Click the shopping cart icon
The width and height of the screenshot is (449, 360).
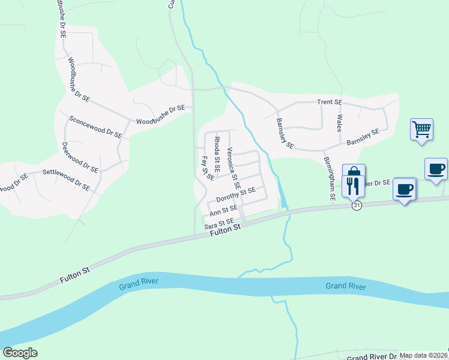coord(422,129)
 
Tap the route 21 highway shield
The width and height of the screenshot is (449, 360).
coord(357,205)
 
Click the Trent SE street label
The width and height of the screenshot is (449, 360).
coord(329,103)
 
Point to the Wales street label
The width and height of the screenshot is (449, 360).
coord(339,123)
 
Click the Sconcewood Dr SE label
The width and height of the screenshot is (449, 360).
coord(95,127)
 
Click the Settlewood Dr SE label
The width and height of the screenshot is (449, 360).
coord(66,180)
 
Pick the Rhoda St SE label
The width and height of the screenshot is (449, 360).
coord(217,152)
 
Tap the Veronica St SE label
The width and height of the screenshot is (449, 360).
coord(234,169)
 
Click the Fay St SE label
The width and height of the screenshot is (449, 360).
coord(208,169)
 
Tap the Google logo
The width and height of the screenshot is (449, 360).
coord(20,353)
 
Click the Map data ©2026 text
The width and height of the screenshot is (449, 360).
coord(423,355)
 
